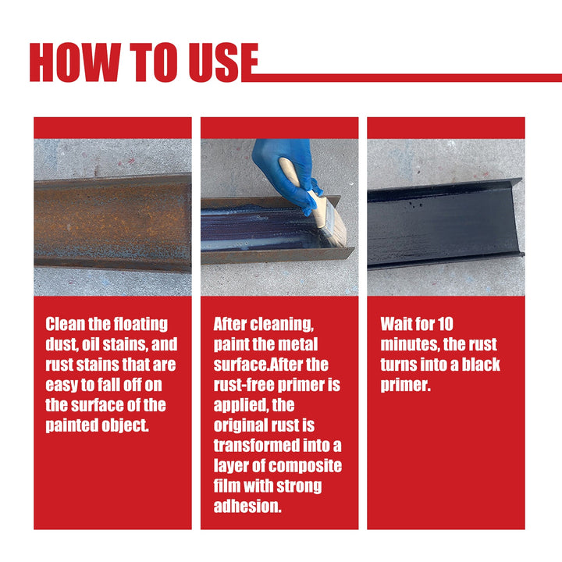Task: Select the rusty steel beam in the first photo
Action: (x=112, y=222)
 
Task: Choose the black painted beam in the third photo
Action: (x=445, y=222)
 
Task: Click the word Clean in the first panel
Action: (x=67, y=324)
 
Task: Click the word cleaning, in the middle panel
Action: (x=282, y=324)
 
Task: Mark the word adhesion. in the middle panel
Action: (x=246, y=507)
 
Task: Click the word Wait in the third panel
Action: (x=397, y=324)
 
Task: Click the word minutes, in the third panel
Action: (x=409, y=344)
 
